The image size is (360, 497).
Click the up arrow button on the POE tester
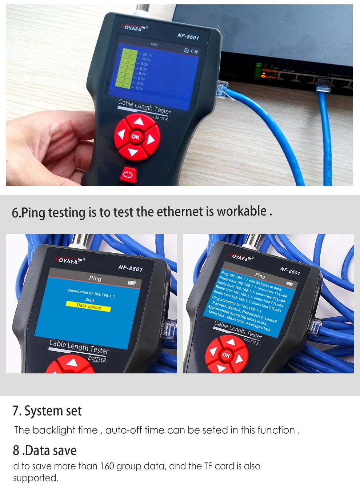pyautogui.click(x=139, y=121)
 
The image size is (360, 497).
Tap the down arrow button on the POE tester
pyautogui.click(x=133, y=152)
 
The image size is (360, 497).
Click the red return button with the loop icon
pyautogui.click(x=128, y=175)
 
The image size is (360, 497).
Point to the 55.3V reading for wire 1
pyautogui.click(x=147, y=55)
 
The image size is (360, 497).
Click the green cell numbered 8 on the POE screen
pyautogui.click(x=123, y=85)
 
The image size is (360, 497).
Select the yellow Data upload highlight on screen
pyautogui.click(x=88, y=306)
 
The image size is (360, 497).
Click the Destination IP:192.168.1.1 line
pyautogui.click(x=91, y=293)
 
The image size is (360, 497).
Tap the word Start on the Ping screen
pyautogui.click(x=89, y=300)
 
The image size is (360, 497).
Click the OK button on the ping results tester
pyautogui.click(x=226, y=355)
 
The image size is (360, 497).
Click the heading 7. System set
pyautogui.click(x=47, y=411)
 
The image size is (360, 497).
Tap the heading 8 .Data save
pyautogui.click(x=45, y=450)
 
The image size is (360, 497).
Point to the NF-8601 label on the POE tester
pyautogui.click(x=188, y=36)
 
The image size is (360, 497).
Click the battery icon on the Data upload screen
pyautogui.click(x=131, y=283)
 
